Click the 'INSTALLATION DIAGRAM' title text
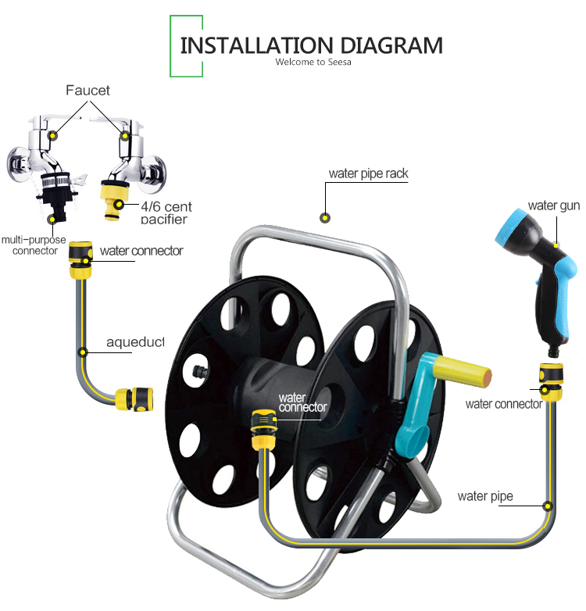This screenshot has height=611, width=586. pos(311,45)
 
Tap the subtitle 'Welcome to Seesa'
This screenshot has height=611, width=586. pos(313,62)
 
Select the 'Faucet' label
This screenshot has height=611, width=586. pos(88,91)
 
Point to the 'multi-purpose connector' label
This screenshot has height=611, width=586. pos(34,245)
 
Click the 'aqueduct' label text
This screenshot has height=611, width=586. pos(135,342)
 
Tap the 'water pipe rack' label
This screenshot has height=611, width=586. pos(369,173)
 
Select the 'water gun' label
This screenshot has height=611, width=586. pos(554,205)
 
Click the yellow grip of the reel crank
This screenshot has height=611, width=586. pos(462,371)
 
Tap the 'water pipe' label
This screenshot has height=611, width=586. pos(485,496)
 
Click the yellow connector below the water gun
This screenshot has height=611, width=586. pos(551,382)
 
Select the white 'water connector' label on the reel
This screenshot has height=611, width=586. pos(302,403)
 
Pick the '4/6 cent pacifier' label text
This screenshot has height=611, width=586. pos(166,213)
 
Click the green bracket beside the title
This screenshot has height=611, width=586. pos(186,46)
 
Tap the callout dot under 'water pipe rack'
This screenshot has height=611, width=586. pos(325,218)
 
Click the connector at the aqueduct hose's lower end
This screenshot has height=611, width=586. pos(134,399)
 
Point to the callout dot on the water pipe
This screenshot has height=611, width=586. pos(548,506)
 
